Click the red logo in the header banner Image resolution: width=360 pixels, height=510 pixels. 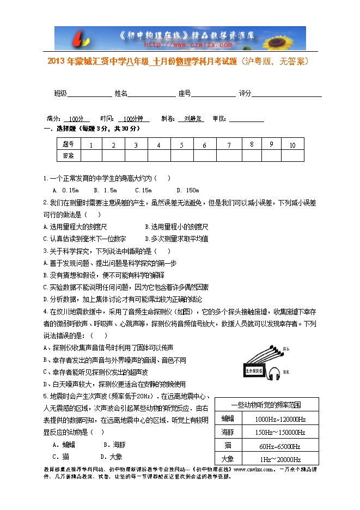tap(78, 39)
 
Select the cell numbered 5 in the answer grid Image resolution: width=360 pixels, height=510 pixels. tap(181, 145)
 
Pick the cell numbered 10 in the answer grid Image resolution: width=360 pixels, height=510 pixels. tap(292, 145)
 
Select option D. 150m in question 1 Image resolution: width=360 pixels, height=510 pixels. tap(188, 190)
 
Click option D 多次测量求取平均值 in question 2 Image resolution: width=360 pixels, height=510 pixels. tap(176, 239)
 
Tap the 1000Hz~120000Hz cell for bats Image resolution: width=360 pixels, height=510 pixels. tap(280, 419)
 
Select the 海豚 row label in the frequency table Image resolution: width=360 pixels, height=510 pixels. tap(228, 432)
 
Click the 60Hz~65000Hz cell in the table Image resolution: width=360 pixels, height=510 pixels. tap(280, 446)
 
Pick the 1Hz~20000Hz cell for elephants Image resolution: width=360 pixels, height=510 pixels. tap(280, 459)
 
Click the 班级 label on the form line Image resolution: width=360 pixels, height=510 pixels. tap(60, 94)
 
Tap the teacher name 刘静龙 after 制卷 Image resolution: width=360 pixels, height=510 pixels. tap(193, 119)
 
